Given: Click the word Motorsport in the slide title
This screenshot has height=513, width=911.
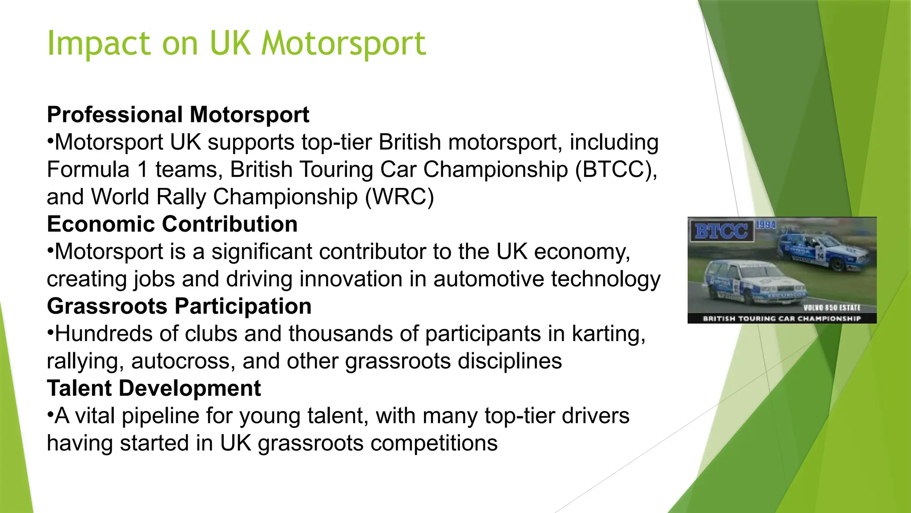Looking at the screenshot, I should tap(343, 44).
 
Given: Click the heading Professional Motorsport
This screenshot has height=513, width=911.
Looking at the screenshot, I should tap(178, 115).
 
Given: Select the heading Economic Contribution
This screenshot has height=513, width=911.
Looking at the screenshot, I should tap(172, 224).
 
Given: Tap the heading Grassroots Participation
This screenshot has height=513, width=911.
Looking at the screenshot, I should tap(179, 306).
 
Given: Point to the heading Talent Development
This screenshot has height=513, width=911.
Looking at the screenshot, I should tap(153, 388).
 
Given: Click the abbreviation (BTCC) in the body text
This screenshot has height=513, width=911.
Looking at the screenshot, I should tap(616, 170).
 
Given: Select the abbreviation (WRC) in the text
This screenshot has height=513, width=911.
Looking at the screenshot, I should tap(399, 197).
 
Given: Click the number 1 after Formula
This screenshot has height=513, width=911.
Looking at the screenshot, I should tap(142, 170).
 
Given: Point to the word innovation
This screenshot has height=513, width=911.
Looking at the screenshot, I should tap(351, 279).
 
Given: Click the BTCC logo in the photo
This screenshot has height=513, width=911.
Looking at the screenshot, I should tap(721, 231).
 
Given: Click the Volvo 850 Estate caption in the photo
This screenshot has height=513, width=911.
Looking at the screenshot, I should tap(832, 308).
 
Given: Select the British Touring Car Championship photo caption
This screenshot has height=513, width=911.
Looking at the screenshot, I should tap(782, 319).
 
